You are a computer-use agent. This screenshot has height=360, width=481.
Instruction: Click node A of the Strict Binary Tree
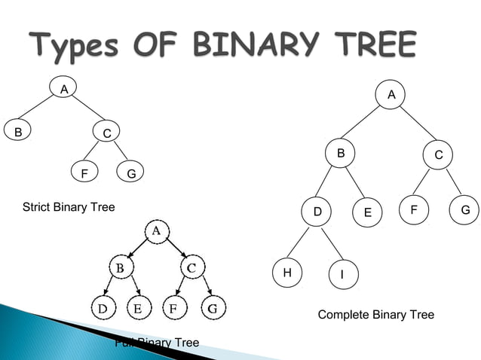(x=65, y=89)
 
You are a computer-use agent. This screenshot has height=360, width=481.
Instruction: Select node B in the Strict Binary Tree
(x=17, y=130)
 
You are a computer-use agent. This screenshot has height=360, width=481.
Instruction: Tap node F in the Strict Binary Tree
(x=84, y=173)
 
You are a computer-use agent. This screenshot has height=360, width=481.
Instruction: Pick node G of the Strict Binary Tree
(x=130, y=173)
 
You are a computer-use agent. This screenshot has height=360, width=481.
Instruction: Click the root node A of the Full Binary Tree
(x=156, y=230)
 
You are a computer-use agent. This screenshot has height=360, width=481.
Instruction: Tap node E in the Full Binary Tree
(x=137, y=307)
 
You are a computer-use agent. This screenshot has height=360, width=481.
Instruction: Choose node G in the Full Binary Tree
(x=212, y=307)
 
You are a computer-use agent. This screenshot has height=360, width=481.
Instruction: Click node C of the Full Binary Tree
(x=191, y=267)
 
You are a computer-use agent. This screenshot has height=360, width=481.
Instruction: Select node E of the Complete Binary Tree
(x=367, y=212)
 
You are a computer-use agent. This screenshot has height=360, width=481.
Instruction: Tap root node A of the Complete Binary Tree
(x=391, y=95)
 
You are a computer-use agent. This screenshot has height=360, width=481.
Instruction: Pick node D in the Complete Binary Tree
(x=317, y=212)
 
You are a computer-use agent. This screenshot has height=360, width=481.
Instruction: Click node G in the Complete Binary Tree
(x=464, y=210)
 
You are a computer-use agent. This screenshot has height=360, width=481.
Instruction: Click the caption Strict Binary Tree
(x=69, y=206)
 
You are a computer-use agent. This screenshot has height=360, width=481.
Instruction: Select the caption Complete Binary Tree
(x=375, y=314)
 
